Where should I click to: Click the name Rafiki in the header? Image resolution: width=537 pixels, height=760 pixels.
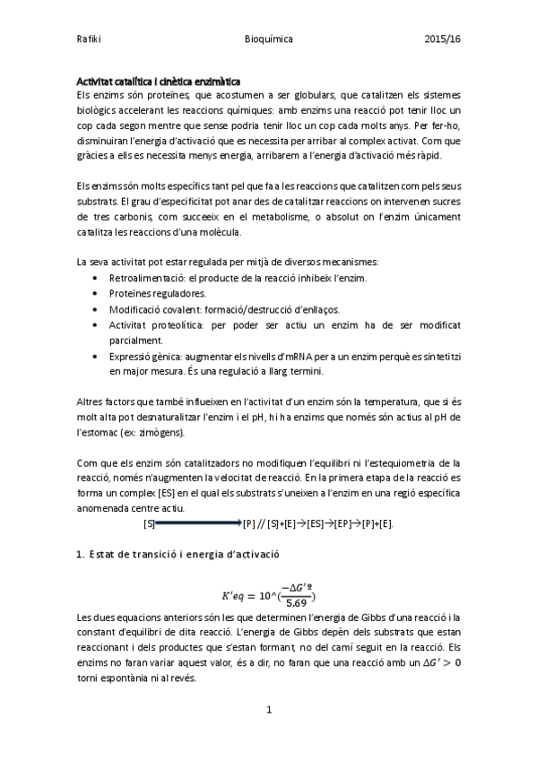[90, 39]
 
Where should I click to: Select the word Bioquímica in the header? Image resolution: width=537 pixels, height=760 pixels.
[268, 39]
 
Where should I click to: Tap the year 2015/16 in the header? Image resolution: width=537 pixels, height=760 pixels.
[443, 39]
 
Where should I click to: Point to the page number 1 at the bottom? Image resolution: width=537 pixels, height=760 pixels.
[268, 709]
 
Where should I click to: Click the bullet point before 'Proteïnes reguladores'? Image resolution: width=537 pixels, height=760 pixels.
[96, 293]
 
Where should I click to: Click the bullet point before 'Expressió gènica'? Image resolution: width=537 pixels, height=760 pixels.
[96, 356]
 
